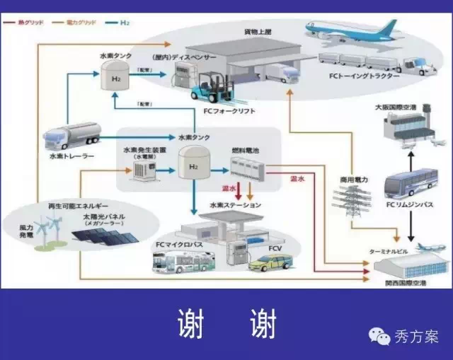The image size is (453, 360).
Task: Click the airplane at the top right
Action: pos(354,30)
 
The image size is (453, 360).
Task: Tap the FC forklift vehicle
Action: pos(210,84)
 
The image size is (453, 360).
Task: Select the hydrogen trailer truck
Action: pos(72,137)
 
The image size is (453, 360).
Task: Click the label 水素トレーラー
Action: pos(70,155)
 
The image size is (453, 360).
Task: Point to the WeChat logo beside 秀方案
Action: pos(383,337)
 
